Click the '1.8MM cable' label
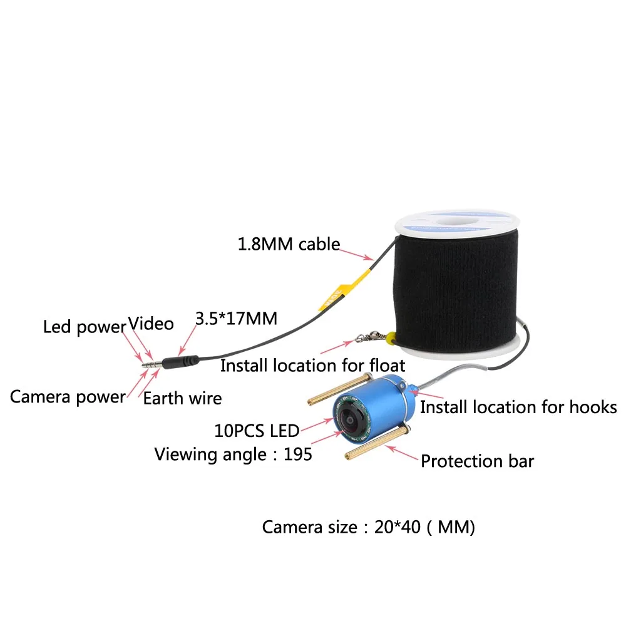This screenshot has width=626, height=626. [288, 244]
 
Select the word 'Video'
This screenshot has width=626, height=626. [151, 324]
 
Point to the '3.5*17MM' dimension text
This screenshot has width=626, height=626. [236, 319]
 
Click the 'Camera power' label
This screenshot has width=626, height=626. [68, 396]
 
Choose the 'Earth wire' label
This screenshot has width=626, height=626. [182, 398]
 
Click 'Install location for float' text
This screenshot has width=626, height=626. [312, 365]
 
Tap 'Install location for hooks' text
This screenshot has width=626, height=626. [518, 408]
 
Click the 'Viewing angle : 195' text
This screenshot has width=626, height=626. [233, 454]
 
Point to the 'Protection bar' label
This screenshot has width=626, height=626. [477, 462]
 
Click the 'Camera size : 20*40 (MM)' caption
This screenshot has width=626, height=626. [369, 527]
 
